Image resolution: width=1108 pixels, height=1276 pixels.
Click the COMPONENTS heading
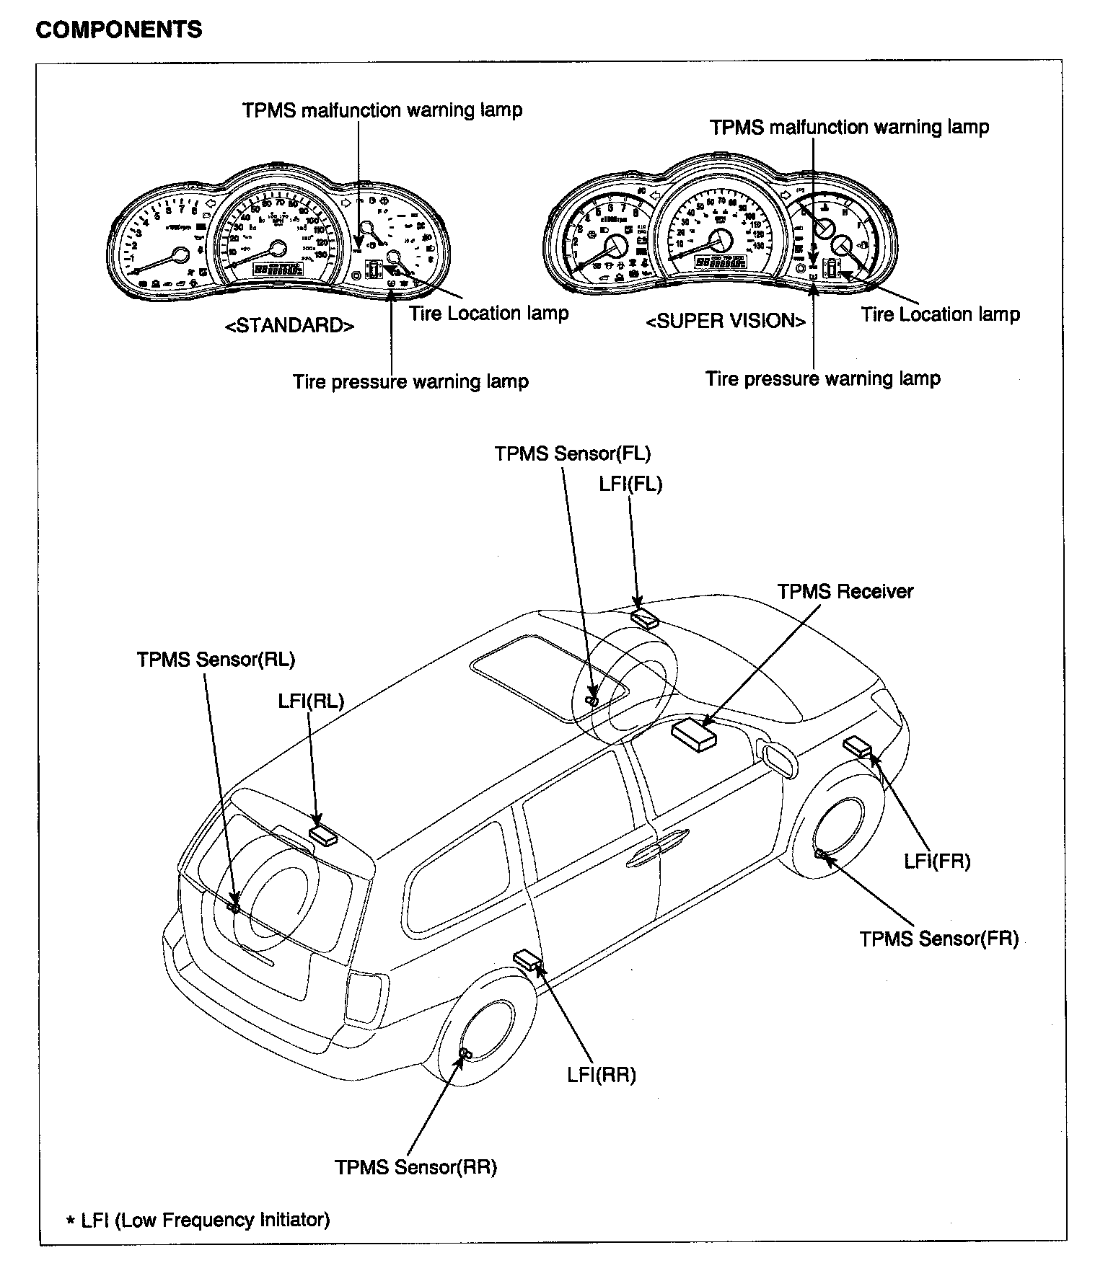pos(119,30)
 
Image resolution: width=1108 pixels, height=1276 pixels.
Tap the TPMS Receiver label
pos(845,592)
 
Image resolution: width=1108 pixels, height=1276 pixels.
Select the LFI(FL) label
pos(630,484)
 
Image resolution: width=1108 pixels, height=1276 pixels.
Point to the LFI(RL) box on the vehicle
pos(323,835)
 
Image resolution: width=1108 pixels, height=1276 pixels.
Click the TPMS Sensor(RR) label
pos(415,1167)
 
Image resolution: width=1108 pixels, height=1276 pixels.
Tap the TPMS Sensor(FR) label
pos(938,939)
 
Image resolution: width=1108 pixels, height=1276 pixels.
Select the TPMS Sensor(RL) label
pos(216,659)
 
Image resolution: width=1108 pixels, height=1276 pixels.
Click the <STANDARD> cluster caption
pos(290,325)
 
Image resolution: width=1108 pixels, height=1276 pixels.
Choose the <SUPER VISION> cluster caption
pos(725,322)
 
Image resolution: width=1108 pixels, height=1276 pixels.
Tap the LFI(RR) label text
pos(602,1075)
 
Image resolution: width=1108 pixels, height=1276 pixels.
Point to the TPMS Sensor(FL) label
pos(572,453)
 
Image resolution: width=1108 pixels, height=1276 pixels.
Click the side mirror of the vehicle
pos(778,758)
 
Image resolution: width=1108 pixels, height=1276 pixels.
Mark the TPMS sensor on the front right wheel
pos(820,854)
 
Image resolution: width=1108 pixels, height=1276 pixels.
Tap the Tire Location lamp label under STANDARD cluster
pos(488,314)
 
